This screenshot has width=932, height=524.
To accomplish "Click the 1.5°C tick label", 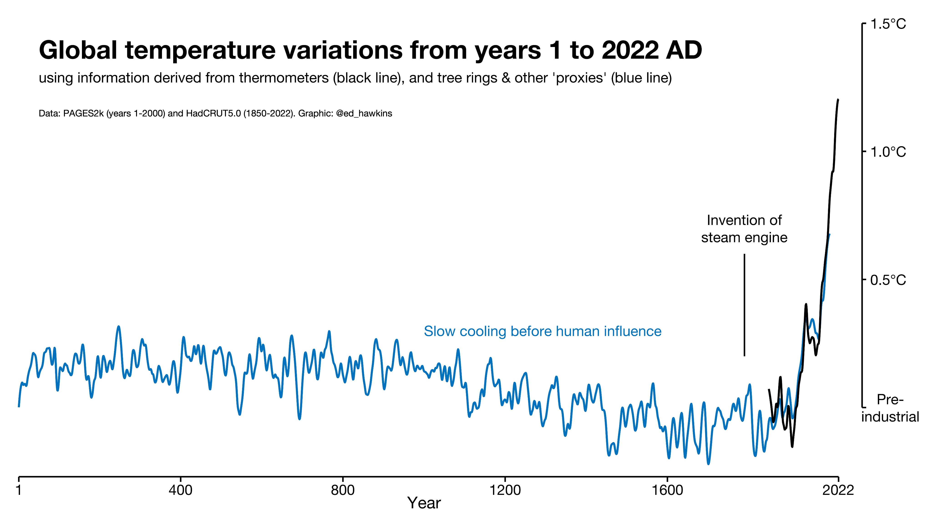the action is [888, 24].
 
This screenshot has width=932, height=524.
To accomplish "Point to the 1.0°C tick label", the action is [888, 152].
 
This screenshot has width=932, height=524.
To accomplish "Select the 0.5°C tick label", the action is [888, 280].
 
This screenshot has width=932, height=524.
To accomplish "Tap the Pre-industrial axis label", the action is [890, 408].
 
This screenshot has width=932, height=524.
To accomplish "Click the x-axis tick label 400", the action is [180, 490].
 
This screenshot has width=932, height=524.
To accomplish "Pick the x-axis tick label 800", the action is [343, 490].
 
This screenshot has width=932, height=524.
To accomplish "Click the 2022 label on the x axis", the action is [838, 490].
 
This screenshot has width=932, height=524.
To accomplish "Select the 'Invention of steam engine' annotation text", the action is [744, 229].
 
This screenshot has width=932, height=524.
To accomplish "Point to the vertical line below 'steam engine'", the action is [744, 305].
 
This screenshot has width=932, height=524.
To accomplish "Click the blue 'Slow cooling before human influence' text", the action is [543, 331].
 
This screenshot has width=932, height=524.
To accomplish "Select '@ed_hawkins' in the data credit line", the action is [364, 113].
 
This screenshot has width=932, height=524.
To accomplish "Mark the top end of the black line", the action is [838, 99].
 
